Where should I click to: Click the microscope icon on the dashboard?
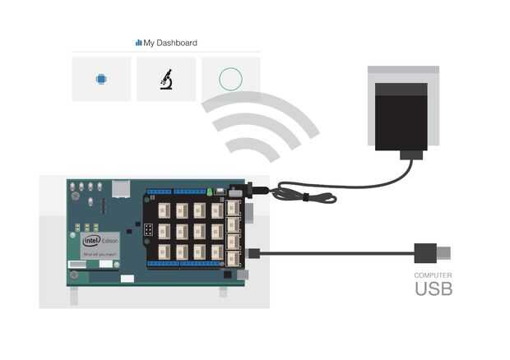166,79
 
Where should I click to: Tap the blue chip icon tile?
101,79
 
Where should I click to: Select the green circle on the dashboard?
230,79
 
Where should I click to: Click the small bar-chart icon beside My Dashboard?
138,43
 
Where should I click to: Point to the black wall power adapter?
400,116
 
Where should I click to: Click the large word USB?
433,288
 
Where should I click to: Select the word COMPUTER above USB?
433,275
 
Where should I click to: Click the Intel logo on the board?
90,241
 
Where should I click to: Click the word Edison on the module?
109,239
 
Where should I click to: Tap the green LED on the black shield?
210,192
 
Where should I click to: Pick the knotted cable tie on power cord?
304,197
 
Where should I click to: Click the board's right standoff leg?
223,292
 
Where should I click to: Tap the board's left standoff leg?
74,293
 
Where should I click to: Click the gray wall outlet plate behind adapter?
402,74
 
